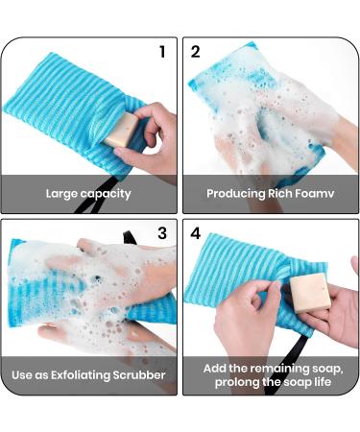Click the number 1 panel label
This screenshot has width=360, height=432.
pyautogui.click(x=162, y=51)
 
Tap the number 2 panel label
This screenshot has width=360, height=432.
pyautogui.click(x=195, y=51)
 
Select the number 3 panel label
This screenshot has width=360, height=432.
pyautogui.click(x=161, y=233)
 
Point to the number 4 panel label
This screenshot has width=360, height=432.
pyautogui.click(x=196, y=233)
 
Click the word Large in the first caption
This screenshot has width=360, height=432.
pyautogui.click(x=64, y=194)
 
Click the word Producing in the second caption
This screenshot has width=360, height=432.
pyautogui.click(x=236, y=194)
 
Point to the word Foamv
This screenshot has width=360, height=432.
pyautogui.click(x=319, y=194)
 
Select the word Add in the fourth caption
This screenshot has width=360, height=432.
pyautogui.click(x=216, y=368)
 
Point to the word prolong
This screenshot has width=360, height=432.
pyautogui.click(x=231, y=384)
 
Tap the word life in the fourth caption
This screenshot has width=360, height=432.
pyautogui.click(x=324, y=384)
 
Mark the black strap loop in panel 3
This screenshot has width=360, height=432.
pyautogui.click(x=134, y=234)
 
